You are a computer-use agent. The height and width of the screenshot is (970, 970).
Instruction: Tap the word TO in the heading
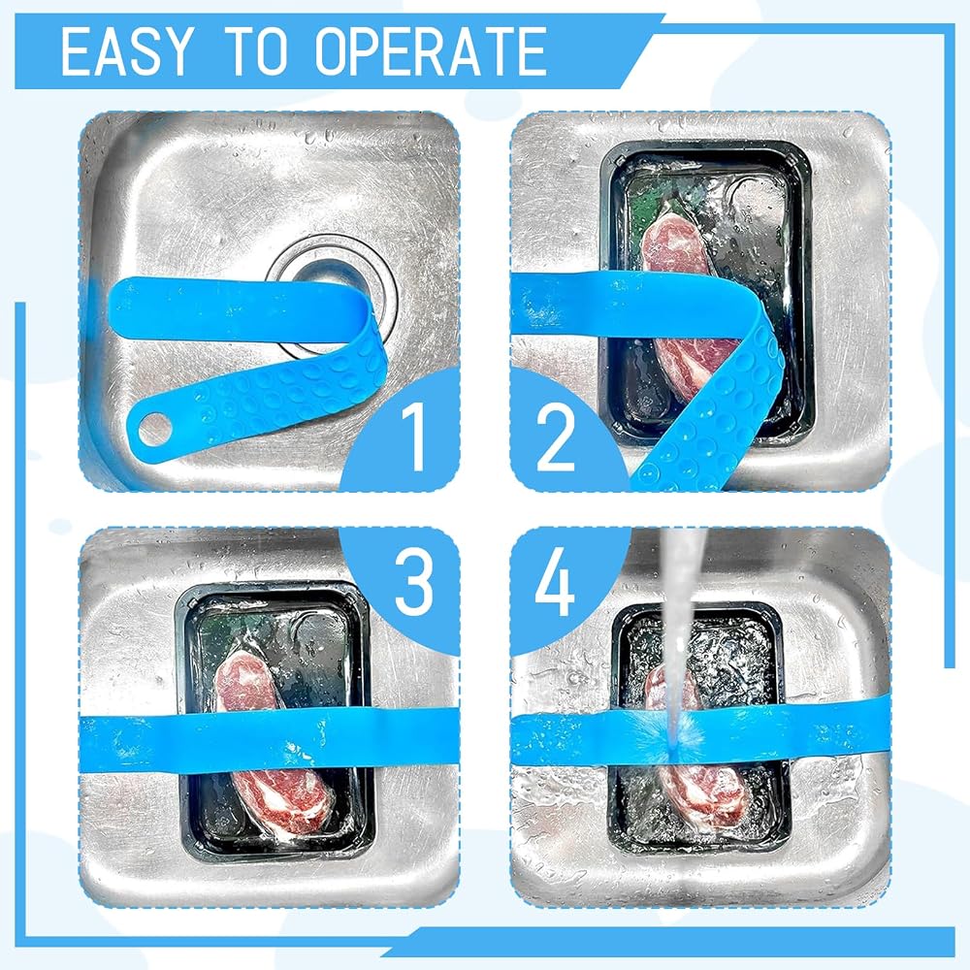(x=259, y=51)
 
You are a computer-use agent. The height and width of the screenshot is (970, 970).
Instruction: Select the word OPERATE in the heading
(x=431, y=51)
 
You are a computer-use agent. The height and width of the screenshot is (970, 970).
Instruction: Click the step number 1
(x=412, y=434)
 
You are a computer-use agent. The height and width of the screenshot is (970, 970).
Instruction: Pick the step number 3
(x=414, y=581)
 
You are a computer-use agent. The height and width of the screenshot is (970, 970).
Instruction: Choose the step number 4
(x=555, y=581)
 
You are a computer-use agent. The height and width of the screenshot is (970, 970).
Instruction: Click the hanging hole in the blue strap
(x=154, y=428)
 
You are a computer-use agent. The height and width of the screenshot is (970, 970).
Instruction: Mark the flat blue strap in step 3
(x=270, y=740)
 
